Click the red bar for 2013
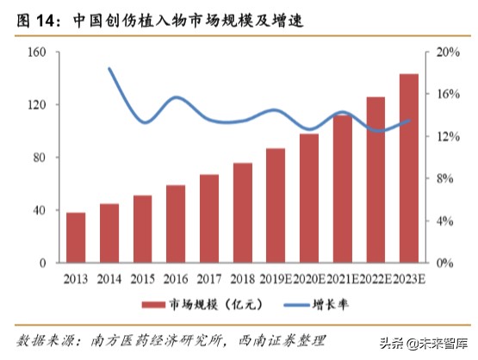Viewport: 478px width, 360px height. (76, 238)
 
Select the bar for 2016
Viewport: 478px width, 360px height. (176, 224)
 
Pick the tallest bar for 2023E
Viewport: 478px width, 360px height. (409, 168)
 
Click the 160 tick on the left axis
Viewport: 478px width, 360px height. (36, 52)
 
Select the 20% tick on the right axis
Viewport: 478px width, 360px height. (444, 52)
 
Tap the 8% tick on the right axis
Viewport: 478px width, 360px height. (442, 178)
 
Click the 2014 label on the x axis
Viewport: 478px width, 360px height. (109, 278)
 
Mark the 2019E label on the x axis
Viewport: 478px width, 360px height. (275, 278)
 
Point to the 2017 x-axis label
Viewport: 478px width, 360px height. (208, 278)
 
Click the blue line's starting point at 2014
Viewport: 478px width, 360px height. (109, 68)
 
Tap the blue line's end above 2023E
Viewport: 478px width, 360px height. (409, 120)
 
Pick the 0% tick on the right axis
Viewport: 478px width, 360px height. (442, 263)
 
